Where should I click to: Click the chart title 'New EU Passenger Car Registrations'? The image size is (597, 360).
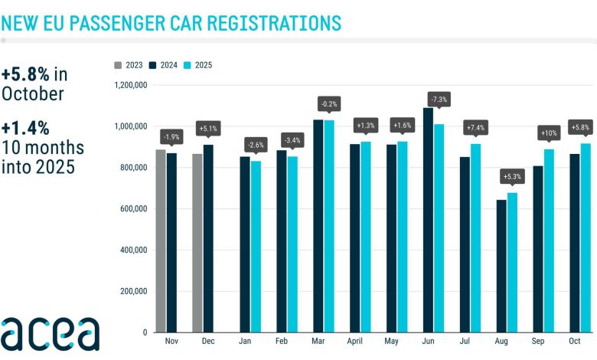[171, 22]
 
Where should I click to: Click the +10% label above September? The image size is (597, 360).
[549, 133]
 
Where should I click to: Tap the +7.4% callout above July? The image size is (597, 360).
[475, 127]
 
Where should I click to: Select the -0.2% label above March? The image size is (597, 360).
[329, 103]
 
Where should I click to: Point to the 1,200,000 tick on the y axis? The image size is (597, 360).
[129, 85]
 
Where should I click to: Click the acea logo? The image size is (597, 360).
[50, 333]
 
